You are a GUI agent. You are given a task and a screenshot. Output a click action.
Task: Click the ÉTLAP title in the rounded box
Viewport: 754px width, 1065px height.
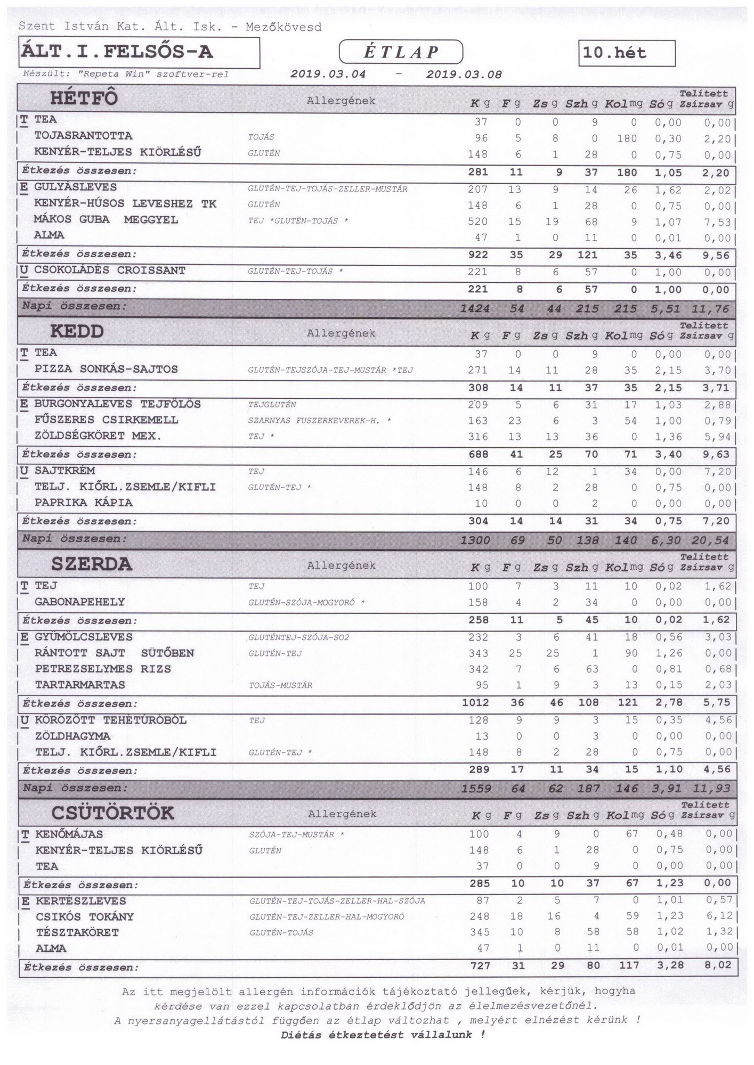coord(401,52)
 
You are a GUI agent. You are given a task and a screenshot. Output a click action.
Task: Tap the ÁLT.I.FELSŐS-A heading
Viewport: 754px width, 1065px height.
coord(117,52)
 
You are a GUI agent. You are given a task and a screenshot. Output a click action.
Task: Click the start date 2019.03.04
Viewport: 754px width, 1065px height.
coord(328,75)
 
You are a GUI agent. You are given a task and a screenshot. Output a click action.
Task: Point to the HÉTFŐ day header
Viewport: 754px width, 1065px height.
coord(84,99)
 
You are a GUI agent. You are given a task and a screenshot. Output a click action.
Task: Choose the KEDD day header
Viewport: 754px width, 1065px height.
coord(77,331)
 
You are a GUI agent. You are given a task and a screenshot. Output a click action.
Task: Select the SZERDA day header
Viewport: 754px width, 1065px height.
coord(91,564)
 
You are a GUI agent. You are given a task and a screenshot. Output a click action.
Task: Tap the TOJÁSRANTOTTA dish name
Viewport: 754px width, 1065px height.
coord(83,136)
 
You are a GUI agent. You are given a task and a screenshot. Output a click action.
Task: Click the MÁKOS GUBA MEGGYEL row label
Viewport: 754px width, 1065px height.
coord(106,219)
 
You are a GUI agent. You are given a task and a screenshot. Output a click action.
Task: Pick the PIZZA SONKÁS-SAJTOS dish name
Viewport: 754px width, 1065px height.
coord(106,369)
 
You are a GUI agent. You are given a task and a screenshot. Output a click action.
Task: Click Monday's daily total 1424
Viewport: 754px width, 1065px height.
coord(475,308)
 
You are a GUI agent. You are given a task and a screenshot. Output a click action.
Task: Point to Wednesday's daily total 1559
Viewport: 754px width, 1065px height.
coord(476,789)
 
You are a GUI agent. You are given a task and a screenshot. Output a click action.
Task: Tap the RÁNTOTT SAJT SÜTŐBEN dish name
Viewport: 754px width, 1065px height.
coord(114,653)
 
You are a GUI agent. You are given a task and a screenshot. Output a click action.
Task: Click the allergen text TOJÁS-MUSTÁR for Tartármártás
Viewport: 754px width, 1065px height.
coord(280,685)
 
